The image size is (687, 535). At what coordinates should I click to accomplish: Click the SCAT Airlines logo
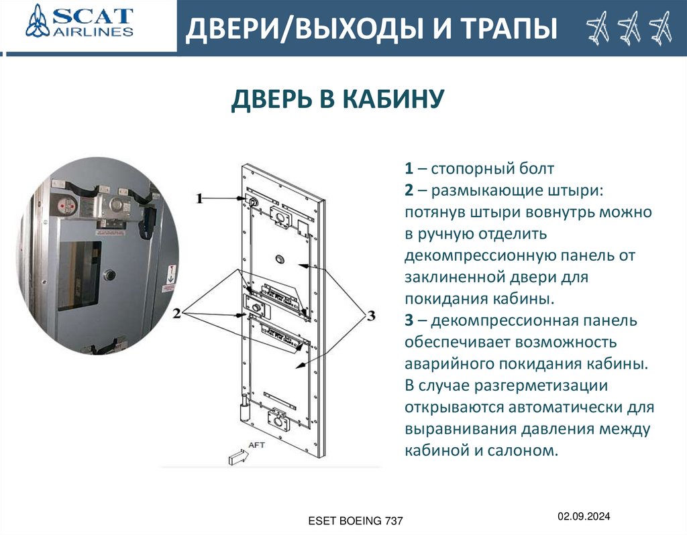click(79, 21)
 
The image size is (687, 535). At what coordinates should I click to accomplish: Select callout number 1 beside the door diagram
click(200, 198)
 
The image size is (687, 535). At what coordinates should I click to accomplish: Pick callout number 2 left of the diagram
click(176, 314)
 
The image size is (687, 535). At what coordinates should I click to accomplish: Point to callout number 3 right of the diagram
click(371, 315)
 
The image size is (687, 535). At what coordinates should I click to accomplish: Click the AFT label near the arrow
click(257, 444)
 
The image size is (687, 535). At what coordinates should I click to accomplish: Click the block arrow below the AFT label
click(239, 457)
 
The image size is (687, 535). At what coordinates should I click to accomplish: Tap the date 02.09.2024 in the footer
click(584, 516)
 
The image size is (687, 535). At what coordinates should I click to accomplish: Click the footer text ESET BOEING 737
click(356, 521)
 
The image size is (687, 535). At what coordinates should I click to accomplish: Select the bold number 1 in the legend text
click(409, 168)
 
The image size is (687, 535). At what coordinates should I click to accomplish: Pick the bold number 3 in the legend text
click(409, 320)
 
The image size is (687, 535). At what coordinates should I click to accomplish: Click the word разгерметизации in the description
click(541, 385)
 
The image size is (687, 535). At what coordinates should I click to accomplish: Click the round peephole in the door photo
click(109, 275)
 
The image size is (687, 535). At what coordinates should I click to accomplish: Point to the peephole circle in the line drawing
click(280, 259)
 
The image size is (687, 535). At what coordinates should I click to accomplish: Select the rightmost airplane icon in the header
click(661, 28)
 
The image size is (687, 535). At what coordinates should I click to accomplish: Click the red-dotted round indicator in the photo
click(68, 205)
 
